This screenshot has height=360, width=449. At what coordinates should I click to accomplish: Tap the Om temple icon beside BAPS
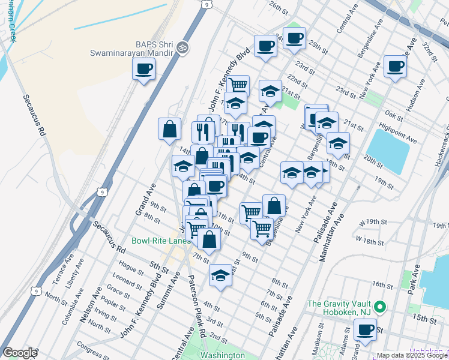coord(184,47)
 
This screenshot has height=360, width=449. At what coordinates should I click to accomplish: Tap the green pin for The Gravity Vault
coord(379,308)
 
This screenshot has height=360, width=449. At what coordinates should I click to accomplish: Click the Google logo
coord(20,353)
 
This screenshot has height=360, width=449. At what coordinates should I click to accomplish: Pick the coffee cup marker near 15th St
coord(365,330)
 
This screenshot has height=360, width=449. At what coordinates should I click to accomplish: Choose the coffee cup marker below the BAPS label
coord(143,70)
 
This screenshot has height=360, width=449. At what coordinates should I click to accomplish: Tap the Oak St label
coord(394,113)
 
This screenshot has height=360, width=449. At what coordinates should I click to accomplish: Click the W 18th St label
coord(369,241)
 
